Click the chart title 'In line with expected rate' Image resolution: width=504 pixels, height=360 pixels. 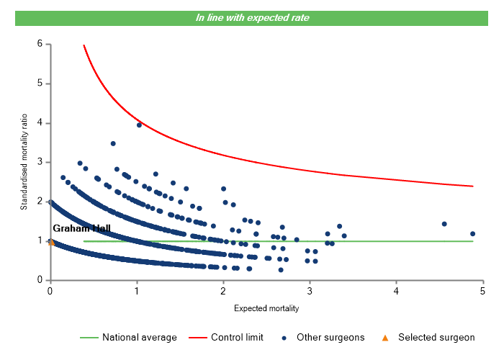click(253, 17)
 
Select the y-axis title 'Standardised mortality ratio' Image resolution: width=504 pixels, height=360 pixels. click(24, 162)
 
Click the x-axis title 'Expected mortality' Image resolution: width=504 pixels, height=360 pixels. click(266, 308)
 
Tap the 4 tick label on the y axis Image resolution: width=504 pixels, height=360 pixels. click(40, 123)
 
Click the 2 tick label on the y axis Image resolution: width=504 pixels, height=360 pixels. click(40, 202)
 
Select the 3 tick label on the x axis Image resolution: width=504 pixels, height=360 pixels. click(310, 291)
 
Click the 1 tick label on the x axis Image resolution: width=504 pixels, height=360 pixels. click(136, 291)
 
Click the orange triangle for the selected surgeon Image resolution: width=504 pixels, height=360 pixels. click(51, 242)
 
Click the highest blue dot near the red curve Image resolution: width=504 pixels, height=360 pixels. click(139, 125)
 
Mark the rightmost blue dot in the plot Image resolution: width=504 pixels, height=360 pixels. click(473, 234)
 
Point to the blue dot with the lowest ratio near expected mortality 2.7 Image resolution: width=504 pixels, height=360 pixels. click(281, 270)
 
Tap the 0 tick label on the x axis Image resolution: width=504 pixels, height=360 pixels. click(50, 291)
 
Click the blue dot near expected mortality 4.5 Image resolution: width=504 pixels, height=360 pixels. click(444, 224)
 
